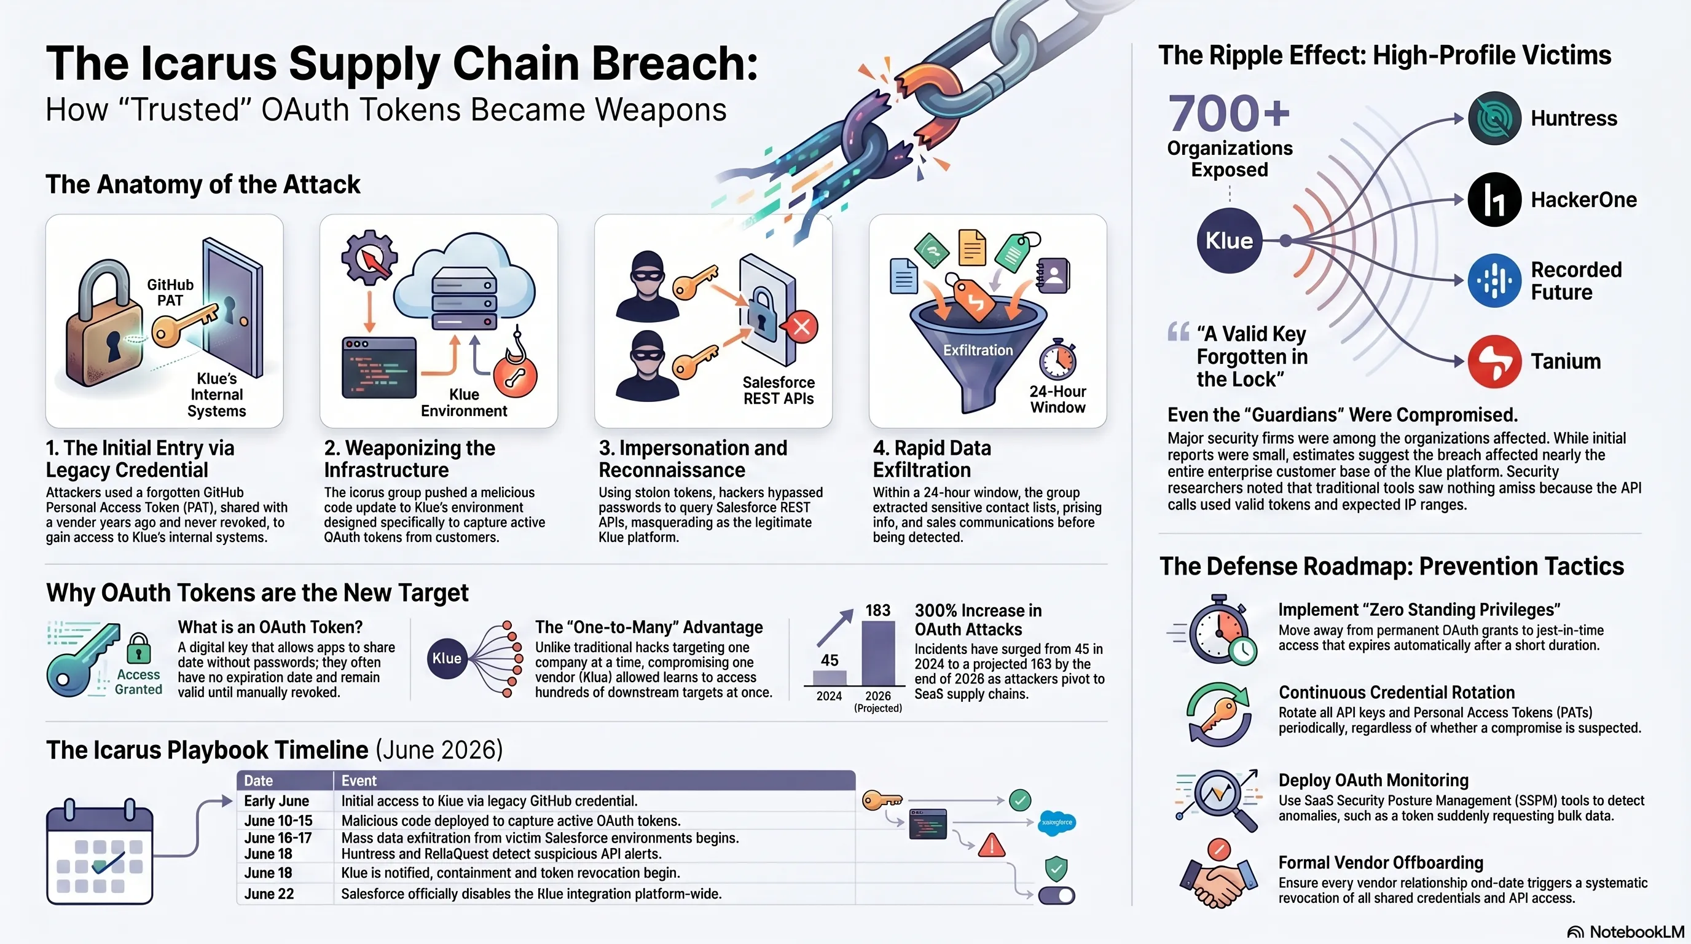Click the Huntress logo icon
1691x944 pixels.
click(x=1494, y=118)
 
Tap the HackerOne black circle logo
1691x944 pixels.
click(x=1494, y=200)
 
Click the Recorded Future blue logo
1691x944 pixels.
click(x=1494, y=280)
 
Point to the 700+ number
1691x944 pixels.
click(x=1229, y=113)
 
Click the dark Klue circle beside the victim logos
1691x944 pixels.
click(x=1230, y=241)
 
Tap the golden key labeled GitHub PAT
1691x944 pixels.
click(x=186, y=326)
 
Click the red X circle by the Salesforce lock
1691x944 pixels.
click(x=801, y=327)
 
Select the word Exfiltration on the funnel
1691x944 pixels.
click(x=978, y=350)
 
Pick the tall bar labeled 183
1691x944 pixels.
click(x=877, y=653)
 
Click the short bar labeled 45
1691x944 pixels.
click(x=829, y=677)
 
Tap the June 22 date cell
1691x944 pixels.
click(x=269, y=894)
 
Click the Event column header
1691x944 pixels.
click(x=359, y=781)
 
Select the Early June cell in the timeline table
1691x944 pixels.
click(x=277, y=801)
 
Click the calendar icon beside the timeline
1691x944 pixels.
click(x=100, y=851)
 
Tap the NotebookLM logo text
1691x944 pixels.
click(x=1636, y=932)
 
